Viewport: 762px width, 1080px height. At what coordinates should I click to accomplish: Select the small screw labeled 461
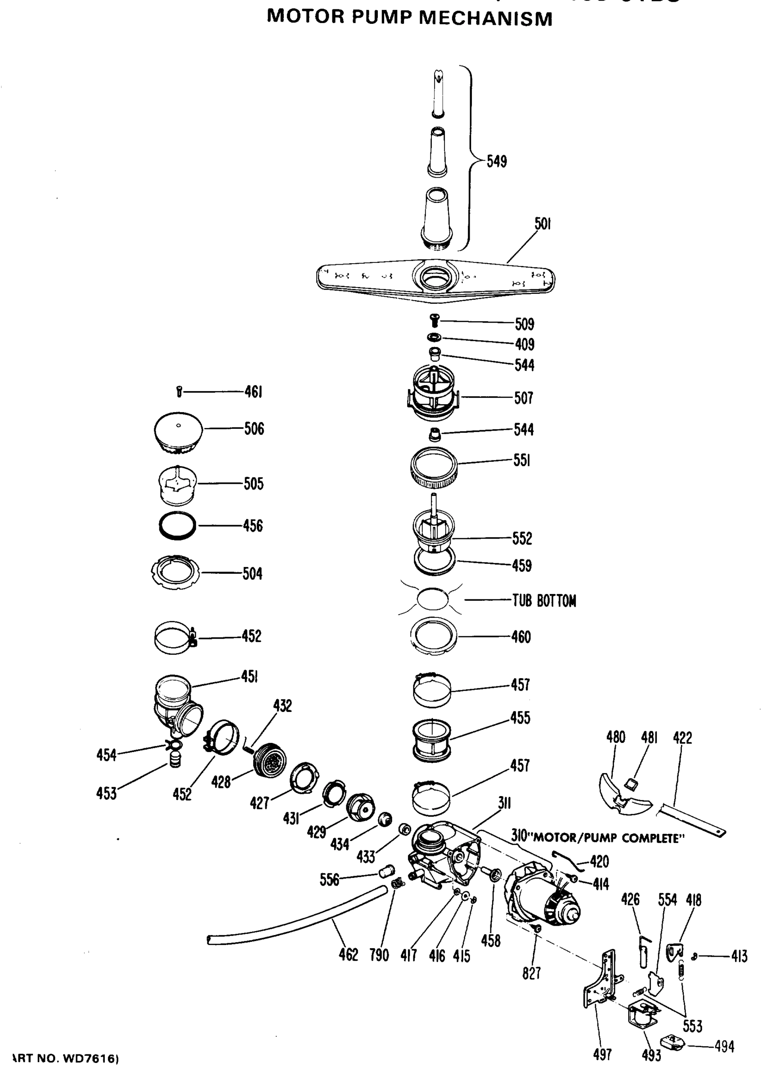179,391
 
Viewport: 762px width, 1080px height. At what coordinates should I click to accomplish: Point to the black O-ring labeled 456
177,525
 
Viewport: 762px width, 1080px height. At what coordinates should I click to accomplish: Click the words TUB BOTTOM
544,601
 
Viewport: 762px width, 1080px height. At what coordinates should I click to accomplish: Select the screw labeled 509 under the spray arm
435,322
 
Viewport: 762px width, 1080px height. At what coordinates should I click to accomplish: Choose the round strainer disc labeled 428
270,759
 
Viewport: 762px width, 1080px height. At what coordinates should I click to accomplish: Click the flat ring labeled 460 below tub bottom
433,636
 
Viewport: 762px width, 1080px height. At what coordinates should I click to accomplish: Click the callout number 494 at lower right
724,1046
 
